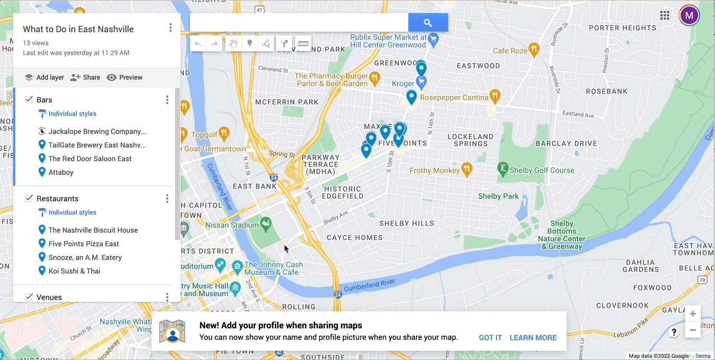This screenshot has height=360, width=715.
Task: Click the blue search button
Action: pyautogui.click(x=428, y=23)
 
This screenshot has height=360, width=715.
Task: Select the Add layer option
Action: pyautogui.click(x=44, y=77)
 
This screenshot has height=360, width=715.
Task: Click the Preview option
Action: pyautogui.click(x=124, y=77)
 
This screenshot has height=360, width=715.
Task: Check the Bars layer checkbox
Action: pyautogui.click(x=29, y=99)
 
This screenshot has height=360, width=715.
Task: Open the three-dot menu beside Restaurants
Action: pyautogui.click(x=167, y=199)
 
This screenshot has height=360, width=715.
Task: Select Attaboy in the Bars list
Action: pyautogui.click(x=61, y=172)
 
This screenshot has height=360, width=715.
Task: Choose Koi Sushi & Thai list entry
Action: pyautogui.click(x=74, y=271)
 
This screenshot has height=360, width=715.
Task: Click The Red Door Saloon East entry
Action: pyautogui.click(x=90, y=159)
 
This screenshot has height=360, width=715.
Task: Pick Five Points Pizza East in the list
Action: pyautogui.click(x=84, y=244)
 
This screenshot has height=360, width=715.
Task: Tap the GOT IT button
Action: pyautogui.click(x=490, y=338)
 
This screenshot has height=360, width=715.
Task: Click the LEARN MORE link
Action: pyautogui.click(x=533, y=338)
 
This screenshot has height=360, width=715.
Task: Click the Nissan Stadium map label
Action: pyautogui.click(x=232, y=225)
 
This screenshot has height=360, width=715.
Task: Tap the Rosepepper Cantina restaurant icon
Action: pyautogui.click(x=494, y=97)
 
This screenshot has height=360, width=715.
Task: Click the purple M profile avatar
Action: pyautogui.click(x=689, y=15)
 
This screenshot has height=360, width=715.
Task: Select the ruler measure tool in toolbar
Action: pyautogui.click(x=303, y=44)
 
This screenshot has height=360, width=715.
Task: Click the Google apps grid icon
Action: pyautogui.click(x=664, y=15)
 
